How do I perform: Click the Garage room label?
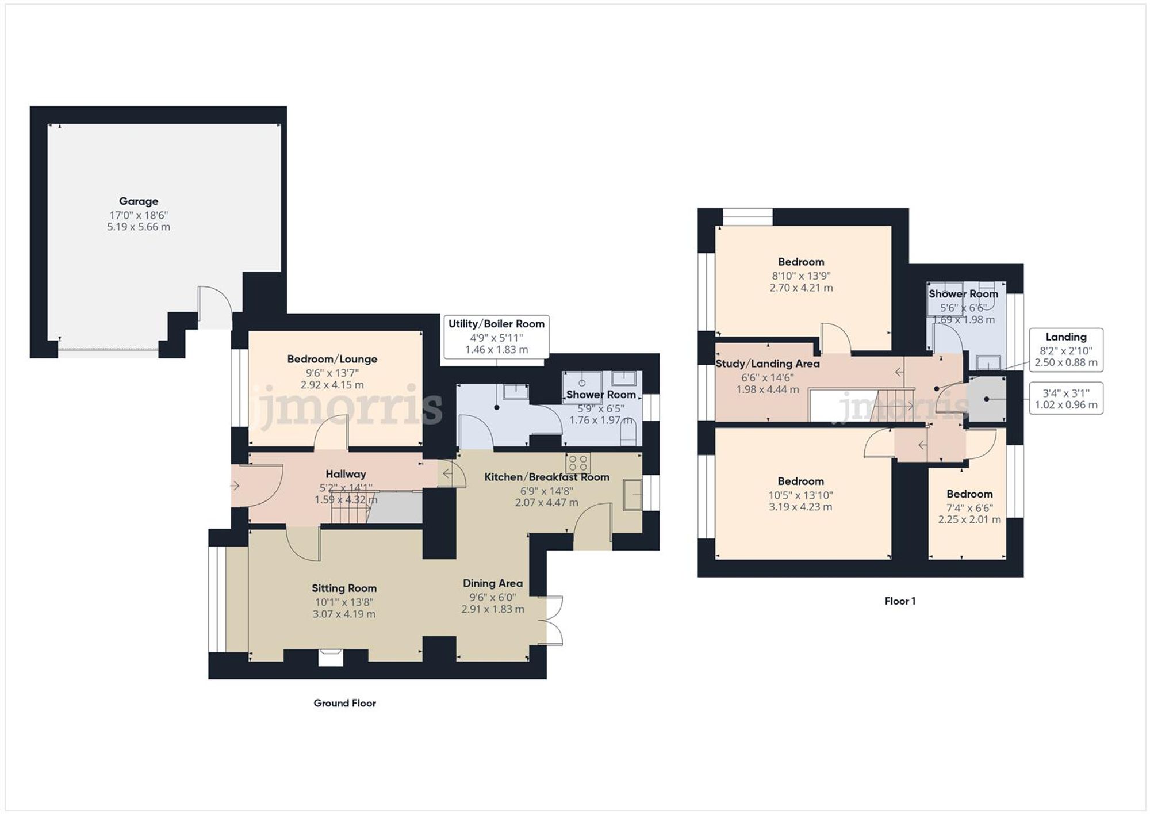click(x=139, y=201)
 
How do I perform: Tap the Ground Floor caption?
click(x=345, y=703)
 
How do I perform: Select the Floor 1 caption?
click(x=900, y=601)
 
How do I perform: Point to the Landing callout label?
click(x=1066, y=337)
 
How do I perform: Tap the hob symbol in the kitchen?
click(x=578, y=463)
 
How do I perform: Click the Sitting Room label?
click(x=344, y=588)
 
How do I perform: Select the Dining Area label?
click(x=493, y=583)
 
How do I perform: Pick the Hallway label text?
click(x=346, y=474)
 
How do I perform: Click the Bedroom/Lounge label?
click(x=332, y=359)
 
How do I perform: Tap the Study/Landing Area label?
click(x=768, y=364)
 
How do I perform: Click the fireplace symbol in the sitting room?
click(x=331, y=658)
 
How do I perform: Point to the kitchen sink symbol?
click(x=632, y=494)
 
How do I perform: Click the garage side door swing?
click(x=215, y=307)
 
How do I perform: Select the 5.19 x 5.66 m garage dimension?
click(x=139, y=227)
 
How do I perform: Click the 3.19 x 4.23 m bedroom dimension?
click(x=800, y=507)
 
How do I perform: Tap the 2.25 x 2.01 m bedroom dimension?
click(x=969, y=519)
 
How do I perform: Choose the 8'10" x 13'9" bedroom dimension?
click(x=801, y=276)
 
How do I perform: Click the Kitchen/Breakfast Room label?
click(x=547, y=477)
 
